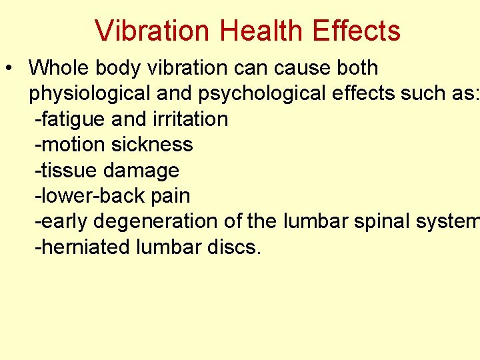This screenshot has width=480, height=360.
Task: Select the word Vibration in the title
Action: tap(153, 31)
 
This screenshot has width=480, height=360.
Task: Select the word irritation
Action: tap(191, 119)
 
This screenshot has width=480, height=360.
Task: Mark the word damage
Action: tap(141, 171)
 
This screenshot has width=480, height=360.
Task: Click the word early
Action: tap(61, 221)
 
